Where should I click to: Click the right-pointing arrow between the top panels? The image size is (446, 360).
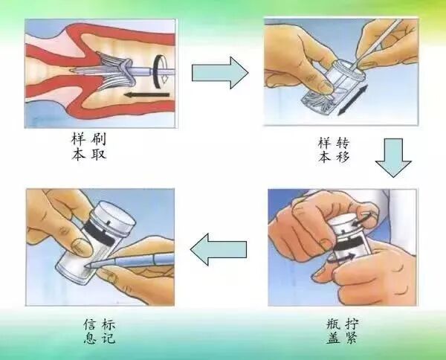click(220, 73)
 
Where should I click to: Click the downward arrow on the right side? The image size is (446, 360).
click(393, 158)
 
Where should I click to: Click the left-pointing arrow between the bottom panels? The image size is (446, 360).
click(218, 250)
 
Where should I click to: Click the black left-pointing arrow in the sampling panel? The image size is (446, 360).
click(146, 94)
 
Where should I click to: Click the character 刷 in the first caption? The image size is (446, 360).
click(98, 140)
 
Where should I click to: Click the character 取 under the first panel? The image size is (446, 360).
click(98, 155)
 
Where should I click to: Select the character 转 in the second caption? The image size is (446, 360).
click(343, 143)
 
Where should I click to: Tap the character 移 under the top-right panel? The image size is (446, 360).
click(343, 158)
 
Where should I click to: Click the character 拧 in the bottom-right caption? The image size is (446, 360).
click(352, 324)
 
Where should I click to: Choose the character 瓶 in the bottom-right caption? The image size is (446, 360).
click(334, 324)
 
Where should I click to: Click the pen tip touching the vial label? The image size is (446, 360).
click(88, 265)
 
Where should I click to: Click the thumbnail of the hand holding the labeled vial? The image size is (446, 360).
click(80, 246)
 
